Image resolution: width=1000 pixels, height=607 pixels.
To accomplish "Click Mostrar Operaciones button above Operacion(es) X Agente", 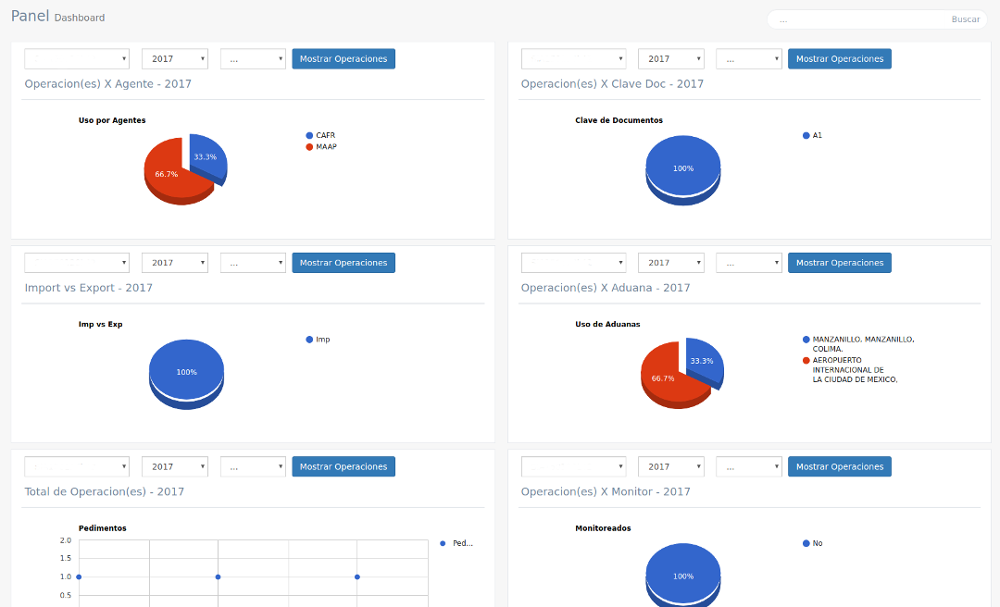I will [344, 59].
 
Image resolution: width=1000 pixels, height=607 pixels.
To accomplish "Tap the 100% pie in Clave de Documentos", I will [682, 167].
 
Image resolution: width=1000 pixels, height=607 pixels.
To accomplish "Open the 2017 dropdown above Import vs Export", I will [174, 263].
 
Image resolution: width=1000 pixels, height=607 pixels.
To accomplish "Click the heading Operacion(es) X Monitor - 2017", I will [606, 491].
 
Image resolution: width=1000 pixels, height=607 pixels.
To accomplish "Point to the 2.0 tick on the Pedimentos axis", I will [66, 540].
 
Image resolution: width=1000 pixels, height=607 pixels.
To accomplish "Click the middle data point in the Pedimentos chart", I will [218, 576].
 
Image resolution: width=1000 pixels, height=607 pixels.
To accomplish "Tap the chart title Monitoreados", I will [603, 528].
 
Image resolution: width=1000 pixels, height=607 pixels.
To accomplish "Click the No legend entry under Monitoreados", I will [817, 543].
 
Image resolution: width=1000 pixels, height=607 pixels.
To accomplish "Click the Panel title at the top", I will [30, 16].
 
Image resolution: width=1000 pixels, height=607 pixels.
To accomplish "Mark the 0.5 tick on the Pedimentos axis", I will [66, 595].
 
